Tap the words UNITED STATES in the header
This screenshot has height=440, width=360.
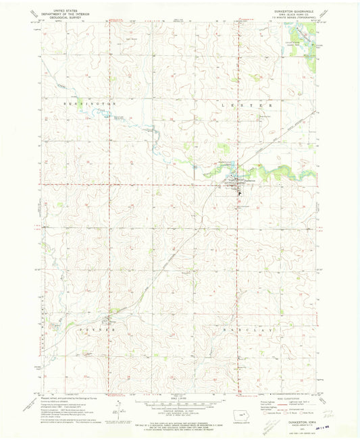59,5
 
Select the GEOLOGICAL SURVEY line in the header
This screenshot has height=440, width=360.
59,12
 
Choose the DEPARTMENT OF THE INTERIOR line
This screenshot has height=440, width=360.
59,9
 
